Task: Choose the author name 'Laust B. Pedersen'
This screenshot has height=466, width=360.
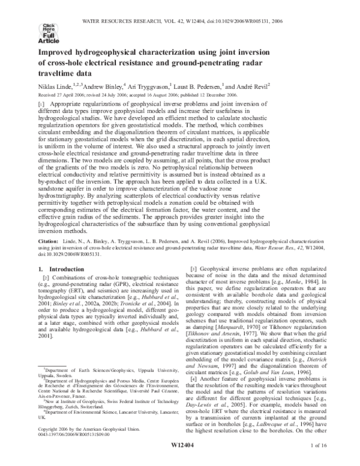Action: coord(203,86)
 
